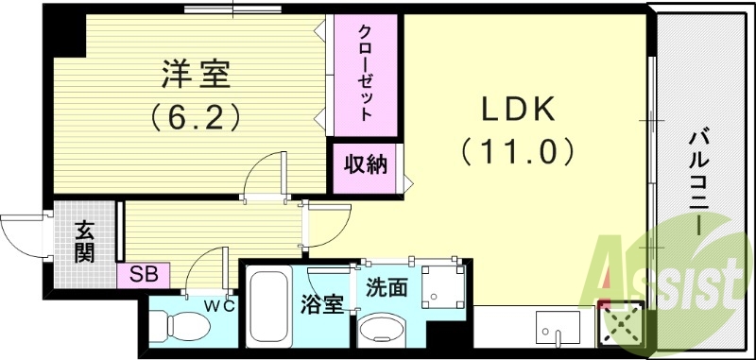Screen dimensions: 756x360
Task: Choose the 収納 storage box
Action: pos(364,165)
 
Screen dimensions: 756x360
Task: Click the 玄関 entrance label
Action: pos(84,241)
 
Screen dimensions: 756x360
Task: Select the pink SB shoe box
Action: pos(143,275)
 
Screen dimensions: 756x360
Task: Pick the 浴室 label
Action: pos(320,304)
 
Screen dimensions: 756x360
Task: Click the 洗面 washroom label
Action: pos(387,287)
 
